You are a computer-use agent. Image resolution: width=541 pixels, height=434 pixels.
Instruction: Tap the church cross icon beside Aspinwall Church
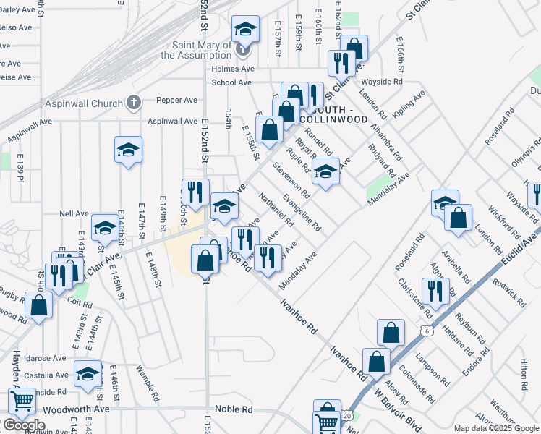coord(133,103)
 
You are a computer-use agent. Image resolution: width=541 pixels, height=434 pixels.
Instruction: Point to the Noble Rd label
coord(237,409)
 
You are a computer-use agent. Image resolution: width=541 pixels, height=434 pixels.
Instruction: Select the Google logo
coord(24,425)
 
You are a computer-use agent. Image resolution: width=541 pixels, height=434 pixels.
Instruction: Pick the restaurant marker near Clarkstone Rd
coord(435,291)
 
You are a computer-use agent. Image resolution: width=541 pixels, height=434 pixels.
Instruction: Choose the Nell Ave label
coord(74,214)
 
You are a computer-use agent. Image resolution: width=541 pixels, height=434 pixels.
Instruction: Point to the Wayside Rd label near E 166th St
coord(383,82)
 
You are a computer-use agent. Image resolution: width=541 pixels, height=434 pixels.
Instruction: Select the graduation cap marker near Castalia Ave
coord(88,374)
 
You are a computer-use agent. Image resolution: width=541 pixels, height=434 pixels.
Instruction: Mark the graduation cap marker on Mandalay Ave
coord(325,173)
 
